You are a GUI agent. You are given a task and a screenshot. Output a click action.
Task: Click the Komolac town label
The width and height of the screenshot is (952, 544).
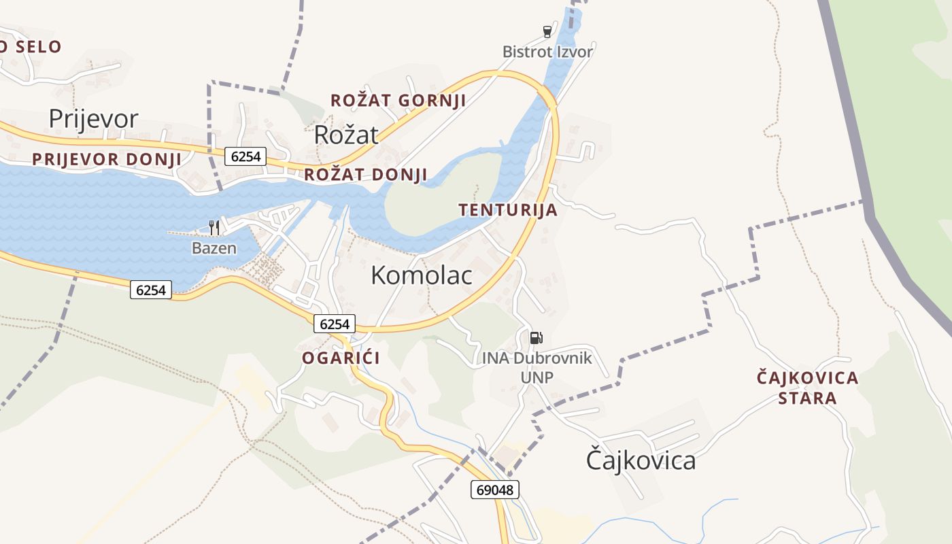pos(422,275)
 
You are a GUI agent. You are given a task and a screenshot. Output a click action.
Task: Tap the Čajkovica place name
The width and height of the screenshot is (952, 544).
pos(641,460)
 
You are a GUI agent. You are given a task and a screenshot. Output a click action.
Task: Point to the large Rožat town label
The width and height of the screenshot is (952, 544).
pos(345,135)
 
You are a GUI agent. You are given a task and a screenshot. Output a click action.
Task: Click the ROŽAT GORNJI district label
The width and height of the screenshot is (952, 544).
pos(398,101)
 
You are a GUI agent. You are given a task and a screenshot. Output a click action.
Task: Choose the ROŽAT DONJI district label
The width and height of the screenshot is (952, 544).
pos(365,175)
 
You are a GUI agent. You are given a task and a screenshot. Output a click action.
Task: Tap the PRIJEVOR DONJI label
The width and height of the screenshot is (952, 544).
pos(107,160)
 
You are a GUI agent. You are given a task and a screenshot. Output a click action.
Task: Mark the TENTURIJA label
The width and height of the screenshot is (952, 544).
pos(508,210)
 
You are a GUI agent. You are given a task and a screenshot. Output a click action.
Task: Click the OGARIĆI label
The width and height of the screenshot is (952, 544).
pos(341,358)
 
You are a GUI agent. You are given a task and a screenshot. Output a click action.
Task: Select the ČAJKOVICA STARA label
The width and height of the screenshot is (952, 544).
pos(808,388)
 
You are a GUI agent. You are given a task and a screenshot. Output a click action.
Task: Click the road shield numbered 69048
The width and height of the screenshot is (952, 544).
pos(494,489)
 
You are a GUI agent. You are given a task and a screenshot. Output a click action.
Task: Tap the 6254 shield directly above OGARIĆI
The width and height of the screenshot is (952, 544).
pos(334,324)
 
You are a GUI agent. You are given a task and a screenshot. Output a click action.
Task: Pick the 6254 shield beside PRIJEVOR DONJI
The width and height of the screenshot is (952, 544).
pos(245,156)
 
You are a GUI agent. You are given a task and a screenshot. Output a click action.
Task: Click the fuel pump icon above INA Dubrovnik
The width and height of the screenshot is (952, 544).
pos(537,337)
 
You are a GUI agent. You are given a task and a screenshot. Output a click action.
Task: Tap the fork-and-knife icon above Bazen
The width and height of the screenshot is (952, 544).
pos(214,227)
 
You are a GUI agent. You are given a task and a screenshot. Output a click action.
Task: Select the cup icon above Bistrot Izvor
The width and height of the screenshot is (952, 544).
pos(547,31)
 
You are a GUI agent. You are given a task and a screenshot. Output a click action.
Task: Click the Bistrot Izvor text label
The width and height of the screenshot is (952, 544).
pos(547,52)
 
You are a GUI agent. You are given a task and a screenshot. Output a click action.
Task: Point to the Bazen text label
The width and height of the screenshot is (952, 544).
pos(214,248)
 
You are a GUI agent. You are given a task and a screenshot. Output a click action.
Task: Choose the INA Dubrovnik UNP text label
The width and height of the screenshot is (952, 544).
pos(537,367)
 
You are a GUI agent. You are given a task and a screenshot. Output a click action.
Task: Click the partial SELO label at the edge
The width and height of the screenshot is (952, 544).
pos(31,47)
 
